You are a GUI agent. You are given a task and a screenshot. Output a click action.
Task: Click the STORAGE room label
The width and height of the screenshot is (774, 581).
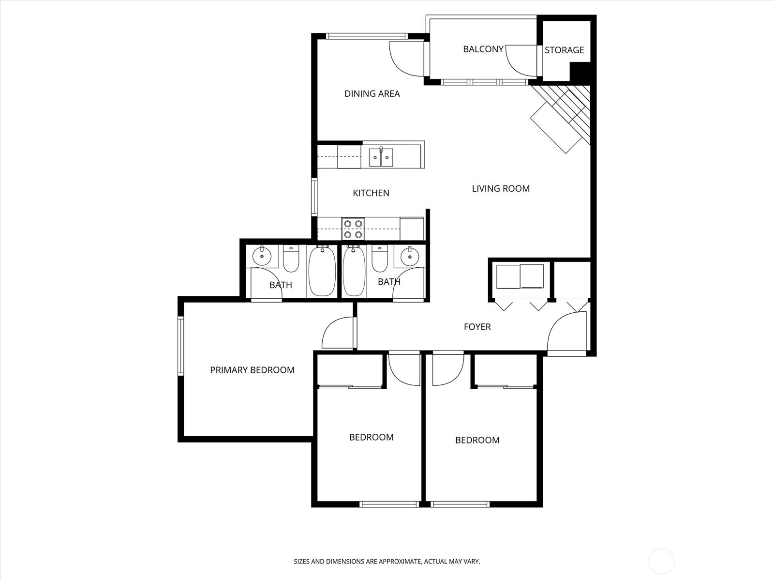(x=564, y=50)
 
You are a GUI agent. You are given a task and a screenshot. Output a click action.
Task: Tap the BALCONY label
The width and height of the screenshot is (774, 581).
(x=483, y=49)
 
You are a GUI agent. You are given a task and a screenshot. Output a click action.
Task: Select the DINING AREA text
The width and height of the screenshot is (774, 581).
(x=372, y=93)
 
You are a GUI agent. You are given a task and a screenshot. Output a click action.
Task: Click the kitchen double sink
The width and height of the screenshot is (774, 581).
(x=381, y=157)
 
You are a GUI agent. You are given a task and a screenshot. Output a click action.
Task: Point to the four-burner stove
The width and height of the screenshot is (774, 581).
(x=353, y=229)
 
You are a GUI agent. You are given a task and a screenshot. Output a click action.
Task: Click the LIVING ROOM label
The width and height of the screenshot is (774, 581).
(x=501, y=188)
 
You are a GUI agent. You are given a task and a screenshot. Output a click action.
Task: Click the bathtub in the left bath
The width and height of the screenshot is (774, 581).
(x=322, y=271)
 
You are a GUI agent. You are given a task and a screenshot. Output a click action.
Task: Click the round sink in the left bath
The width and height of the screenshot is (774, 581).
(x=262, y=255)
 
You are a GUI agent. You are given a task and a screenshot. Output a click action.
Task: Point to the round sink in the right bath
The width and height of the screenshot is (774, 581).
(x=410, y=255)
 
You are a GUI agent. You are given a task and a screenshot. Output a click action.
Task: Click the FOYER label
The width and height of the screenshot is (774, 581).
(x=477, y=327)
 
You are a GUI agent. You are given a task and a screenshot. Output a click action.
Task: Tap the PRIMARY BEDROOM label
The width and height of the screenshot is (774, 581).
(x=252, y=370)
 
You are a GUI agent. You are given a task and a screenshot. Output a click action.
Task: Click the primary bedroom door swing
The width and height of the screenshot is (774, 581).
(x=338, y=333)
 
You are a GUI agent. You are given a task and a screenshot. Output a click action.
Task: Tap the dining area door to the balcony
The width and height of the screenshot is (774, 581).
(x=405, y=59)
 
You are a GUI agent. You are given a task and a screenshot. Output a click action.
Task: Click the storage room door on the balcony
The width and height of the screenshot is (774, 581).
(x=521, y=61)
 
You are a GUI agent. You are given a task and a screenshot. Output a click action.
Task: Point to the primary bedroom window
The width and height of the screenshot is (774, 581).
(x=180, y=346)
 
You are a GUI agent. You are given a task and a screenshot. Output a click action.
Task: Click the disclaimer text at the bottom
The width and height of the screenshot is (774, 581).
(x=387, y=562)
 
